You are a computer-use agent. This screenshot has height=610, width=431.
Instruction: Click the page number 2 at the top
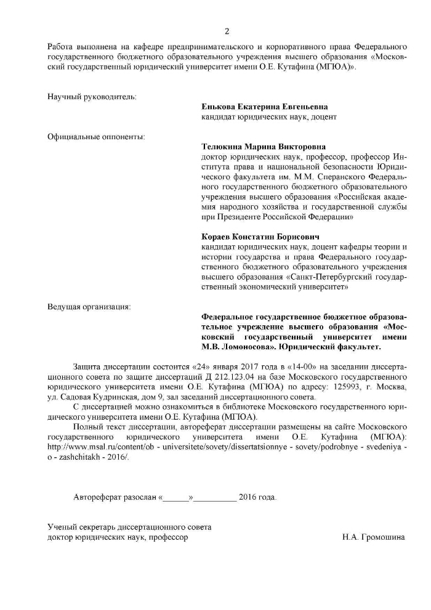(227, 31)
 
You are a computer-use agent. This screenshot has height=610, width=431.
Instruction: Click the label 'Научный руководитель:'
(92, 96)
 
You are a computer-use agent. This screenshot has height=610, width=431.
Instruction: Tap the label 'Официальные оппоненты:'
(97, 136)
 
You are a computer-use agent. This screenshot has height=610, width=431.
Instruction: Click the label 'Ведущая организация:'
(89, 306)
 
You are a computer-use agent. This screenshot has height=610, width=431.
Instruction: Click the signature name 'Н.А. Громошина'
(374, 537)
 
